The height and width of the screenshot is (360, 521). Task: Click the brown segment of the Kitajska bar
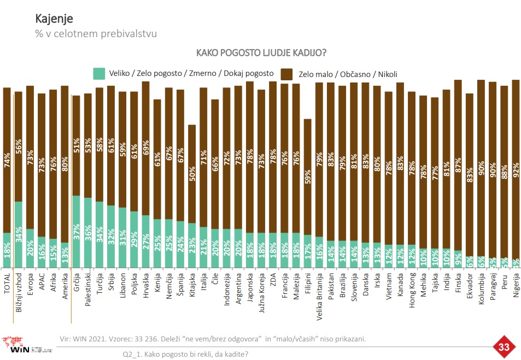pyautogui.click(x=192, y=174)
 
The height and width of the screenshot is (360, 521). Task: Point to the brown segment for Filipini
pyautogui.click(x=308, y=177)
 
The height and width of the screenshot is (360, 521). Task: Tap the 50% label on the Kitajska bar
pyautogui.click(x=192, y=174)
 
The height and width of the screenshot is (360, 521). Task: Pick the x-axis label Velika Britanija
pyautogui.click(x=319, y=294)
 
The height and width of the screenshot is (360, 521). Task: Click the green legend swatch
pyautogui.click(x=99, y=73)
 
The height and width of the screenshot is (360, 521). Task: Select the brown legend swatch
pyautogui.click(x=286, y=74)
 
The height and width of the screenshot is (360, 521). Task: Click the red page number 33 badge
pyautogui.click(x=504, y=347)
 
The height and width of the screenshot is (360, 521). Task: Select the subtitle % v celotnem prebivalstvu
pyautogui.click(x=96, y=34)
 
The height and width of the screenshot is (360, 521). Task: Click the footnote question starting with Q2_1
pyautogui.click(x=185, y=353)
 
